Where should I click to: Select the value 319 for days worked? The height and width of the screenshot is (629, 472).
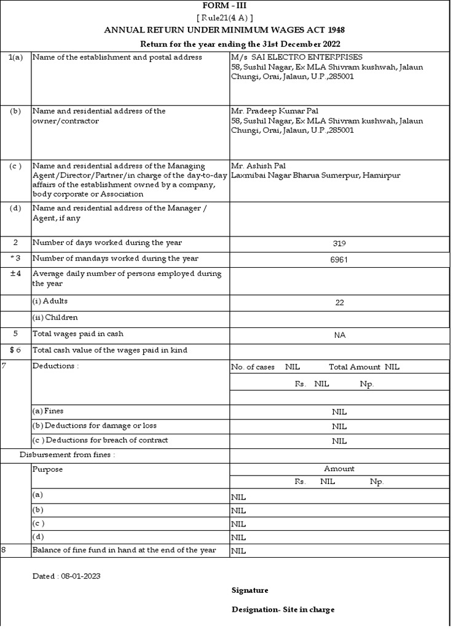tap(339, 243)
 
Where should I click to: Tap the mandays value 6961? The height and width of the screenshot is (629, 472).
tap(339, 259)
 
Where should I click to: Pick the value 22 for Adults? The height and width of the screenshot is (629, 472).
tap(339, 303)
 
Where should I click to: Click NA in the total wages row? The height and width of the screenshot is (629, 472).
tap(339, 335)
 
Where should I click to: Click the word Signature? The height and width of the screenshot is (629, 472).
tap(250, 590)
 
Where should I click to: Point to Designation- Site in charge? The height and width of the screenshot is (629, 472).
tap(283, 610)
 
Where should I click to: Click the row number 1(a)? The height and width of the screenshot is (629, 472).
tap(15, 57)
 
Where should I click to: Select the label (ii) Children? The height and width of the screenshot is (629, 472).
tap(55, 318)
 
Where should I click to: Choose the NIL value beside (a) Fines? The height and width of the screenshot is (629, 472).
tap(339, 412)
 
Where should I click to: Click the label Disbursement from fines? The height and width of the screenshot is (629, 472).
tap(68, 455)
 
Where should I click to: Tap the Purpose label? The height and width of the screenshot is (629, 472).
tap(47, 469)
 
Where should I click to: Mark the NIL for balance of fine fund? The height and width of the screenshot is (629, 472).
tap(238, 551)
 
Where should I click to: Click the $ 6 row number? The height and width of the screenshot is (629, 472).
tap(15, 350)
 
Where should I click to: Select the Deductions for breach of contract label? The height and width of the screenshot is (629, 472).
tap(100, 440)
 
